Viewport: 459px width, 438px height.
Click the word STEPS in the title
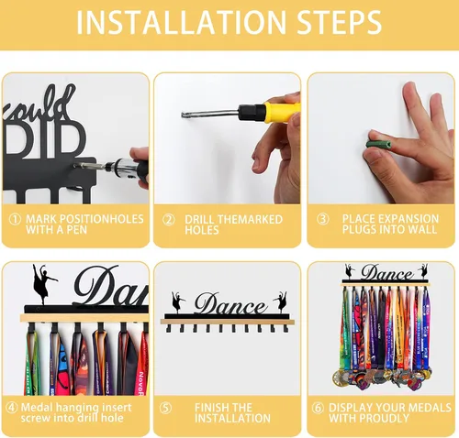[x=339, y=22]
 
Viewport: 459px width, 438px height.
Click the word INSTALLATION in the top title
[x=181, y=22]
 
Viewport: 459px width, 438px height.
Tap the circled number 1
[x=15, y=219]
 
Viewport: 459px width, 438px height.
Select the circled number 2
[x=168, y=220]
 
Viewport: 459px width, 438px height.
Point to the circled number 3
[x=322, y=219]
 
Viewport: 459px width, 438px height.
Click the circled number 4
[x=12, y=408]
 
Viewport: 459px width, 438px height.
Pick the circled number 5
[x=165, y=408]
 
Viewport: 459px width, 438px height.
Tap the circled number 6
[x=318, y=408]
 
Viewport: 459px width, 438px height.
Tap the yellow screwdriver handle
[x=282, y=112]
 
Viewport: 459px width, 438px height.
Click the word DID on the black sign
[x=44, y=139]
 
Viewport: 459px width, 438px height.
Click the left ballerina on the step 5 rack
[x=178, y=302]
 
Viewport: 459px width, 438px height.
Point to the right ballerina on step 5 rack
[x=281, y=302]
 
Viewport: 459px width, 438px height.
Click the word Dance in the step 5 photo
[x=230, y=303]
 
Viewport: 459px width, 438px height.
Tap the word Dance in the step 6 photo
[x=386, y=272]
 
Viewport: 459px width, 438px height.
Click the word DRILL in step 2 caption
[x=200, y=220]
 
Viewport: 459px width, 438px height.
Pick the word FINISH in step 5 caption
[x=210, y=408]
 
